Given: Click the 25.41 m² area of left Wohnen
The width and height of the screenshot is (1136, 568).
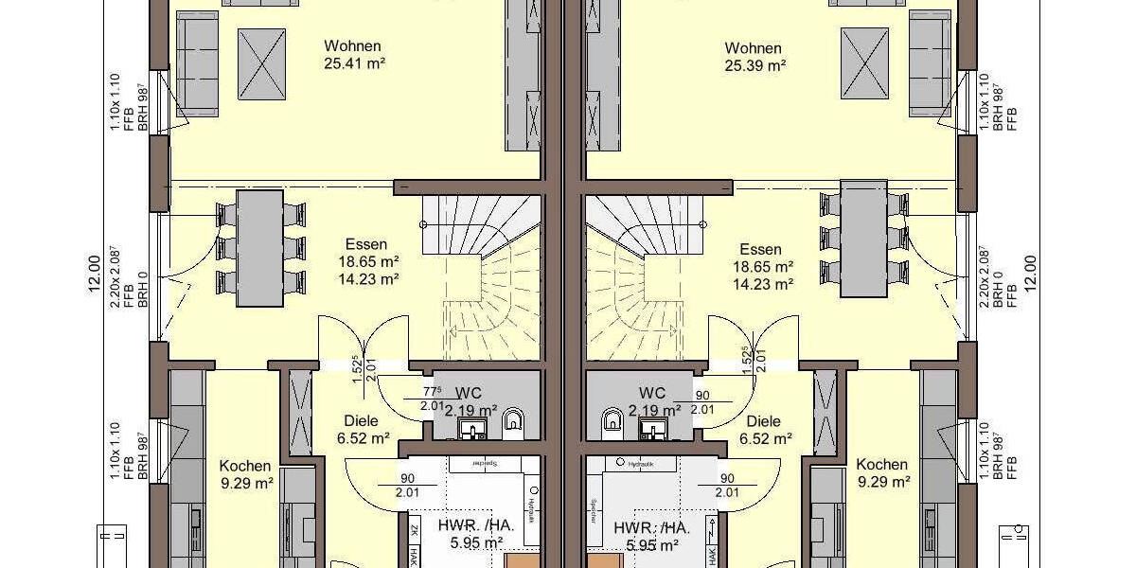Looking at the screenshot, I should (x=352, y=63).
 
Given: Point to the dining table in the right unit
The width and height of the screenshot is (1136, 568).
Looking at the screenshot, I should (x=862, y=238).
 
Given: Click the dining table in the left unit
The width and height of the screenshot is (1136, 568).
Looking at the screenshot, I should (x=259, y=248).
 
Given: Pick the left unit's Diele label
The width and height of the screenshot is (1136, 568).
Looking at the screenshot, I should (x=359, y=420).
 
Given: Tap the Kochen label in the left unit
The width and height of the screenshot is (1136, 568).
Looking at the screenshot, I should (x=245, y=465).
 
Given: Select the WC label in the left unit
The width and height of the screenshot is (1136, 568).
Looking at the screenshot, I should (x=469, y=393).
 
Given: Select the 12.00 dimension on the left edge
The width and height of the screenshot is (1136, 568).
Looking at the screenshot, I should (x=95, y=275).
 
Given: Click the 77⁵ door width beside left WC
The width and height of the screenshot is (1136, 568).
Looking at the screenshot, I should (x=432, y=390).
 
